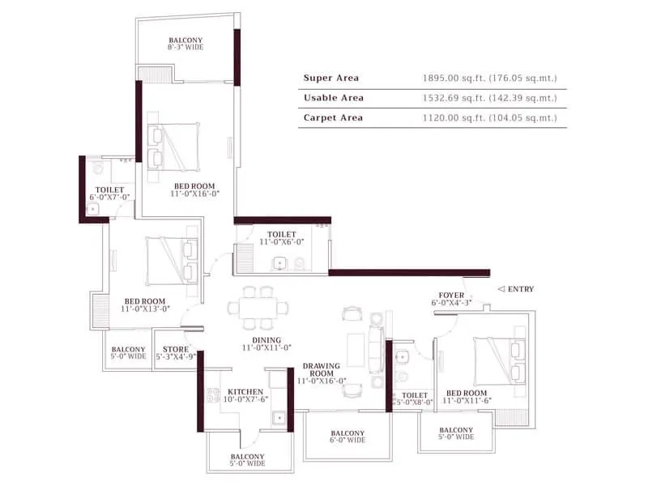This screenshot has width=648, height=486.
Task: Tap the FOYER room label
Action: coord(451,299)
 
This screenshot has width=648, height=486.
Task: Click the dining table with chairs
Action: coord(258,307)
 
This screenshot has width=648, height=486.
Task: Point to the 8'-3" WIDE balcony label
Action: coord(185,44)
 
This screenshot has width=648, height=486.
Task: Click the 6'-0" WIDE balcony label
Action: coord(347,437)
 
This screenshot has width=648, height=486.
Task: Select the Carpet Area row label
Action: coord(333,118)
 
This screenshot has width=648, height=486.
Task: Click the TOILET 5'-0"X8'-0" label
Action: coord(414,399)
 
